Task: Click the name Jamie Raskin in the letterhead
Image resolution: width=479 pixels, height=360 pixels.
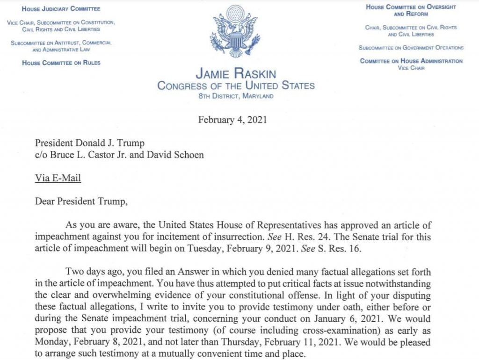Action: [x=236, y=74]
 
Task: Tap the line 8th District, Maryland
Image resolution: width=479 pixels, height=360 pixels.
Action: [x=236, y=96]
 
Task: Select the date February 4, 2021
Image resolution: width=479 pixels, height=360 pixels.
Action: [x=232, y=120]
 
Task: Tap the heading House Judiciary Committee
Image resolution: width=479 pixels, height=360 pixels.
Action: [x=61, y=9]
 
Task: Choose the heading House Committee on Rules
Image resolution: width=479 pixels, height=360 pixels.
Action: [x=61, y=63]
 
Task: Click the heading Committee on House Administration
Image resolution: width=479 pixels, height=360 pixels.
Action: [x=411, y=61]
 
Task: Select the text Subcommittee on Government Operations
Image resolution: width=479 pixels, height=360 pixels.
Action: [x=411, y=48]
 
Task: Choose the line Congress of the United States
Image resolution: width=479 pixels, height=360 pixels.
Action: [x=236, y=86]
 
